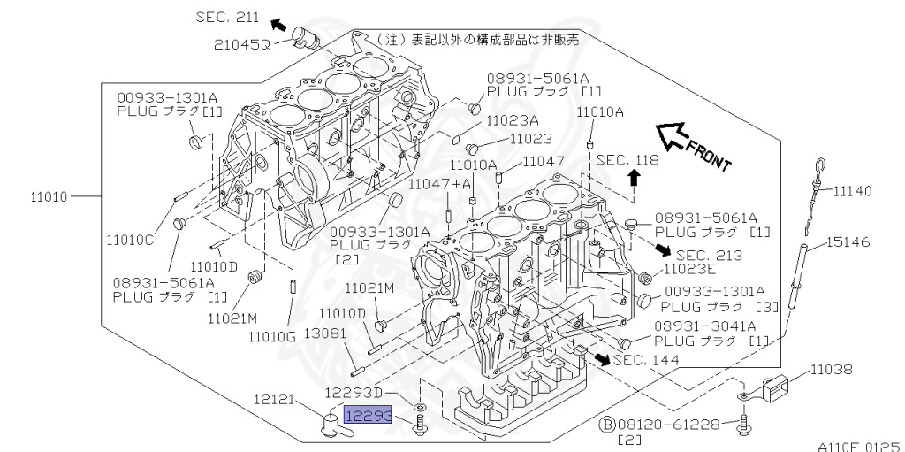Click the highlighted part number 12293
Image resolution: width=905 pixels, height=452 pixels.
(x=368, y=416)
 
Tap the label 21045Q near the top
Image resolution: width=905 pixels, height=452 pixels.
(x=241, y=44)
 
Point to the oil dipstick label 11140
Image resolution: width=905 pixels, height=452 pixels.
(x=852, y=190)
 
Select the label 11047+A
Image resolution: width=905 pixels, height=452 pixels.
(x=439, y=183)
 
